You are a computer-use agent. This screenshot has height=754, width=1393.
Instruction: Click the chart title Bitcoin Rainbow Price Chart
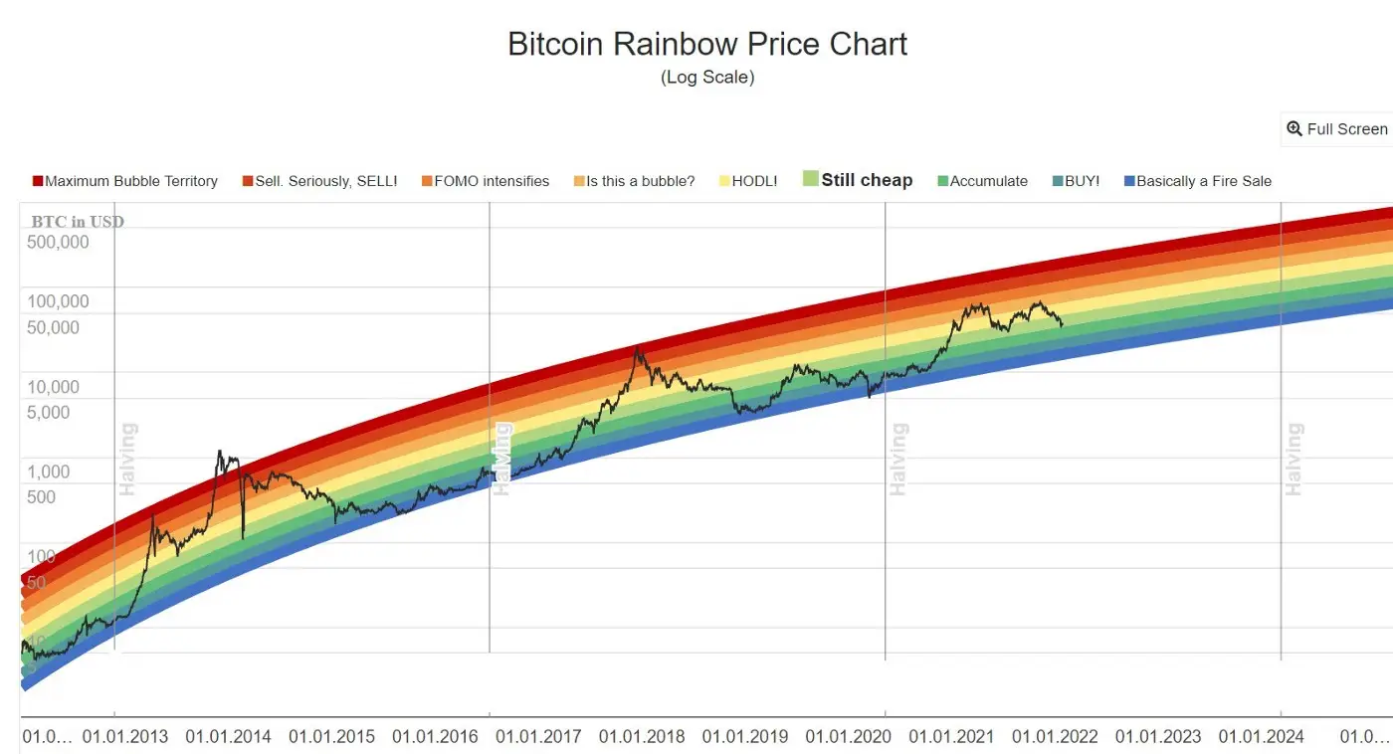[707, 44]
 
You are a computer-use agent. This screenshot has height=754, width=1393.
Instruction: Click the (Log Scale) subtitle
[707, 77]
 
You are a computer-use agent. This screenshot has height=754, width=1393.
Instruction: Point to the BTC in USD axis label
[78, 221]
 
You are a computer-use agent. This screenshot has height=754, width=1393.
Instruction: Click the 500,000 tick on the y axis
[58, 242]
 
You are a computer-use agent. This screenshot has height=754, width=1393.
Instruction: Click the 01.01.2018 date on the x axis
[642, 737]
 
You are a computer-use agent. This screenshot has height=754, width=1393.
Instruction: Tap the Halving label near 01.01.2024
[1293, 460]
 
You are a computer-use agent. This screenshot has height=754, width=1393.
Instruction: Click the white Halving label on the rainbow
[503, 460]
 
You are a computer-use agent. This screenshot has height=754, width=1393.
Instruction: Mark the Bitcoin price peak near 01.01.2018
[637, 348]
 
